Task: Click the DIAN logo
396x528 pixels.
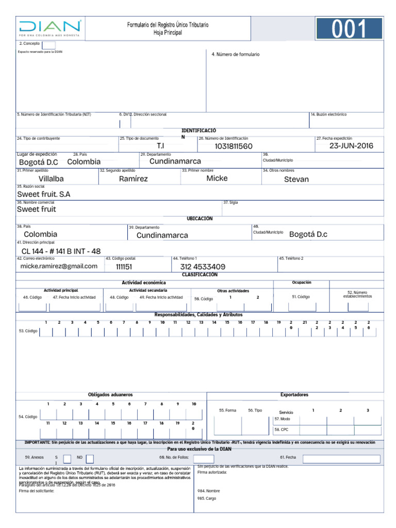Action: click(50, 28)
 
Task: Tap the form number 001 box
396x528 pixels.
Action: click(349, 29)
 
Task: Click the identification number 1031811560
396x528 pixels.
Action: click(234, 146)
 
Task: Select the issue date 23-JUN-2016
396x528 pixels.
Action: click(351, 146)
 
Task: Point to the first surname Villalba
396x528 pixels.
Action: click(51, 179)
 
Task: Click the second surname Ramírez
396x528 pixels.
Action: click(133, 179)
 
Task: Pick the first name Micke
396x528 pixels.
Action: click(217, 178)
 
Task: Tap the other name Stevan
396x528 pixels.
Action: click(296, 179)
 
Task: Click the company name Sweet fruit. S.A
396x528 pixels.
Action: click(43, 194)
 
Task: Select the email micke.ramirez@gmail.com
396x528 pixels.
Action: click(59, 266)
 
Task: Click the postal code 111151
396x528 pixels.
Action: click(124, 267)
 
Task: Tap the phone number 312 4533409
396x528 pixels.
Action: click(203, 267)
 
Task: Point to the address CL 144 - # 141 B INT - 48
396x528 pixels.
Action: click(61, 251)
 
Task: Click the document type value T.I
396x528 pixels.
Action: click(160, 146)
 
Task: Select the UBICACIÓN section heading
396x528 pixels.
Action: click(200, 219)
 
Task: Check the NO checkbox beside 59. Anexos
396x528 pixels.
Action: click(90, 459)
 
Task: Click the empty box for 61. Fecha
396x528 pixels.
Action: click(341, 459)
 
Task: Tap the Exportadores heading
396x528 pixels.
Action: click(294, 395)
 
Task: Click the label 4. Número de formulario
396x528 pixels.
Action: click(236, 54)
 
